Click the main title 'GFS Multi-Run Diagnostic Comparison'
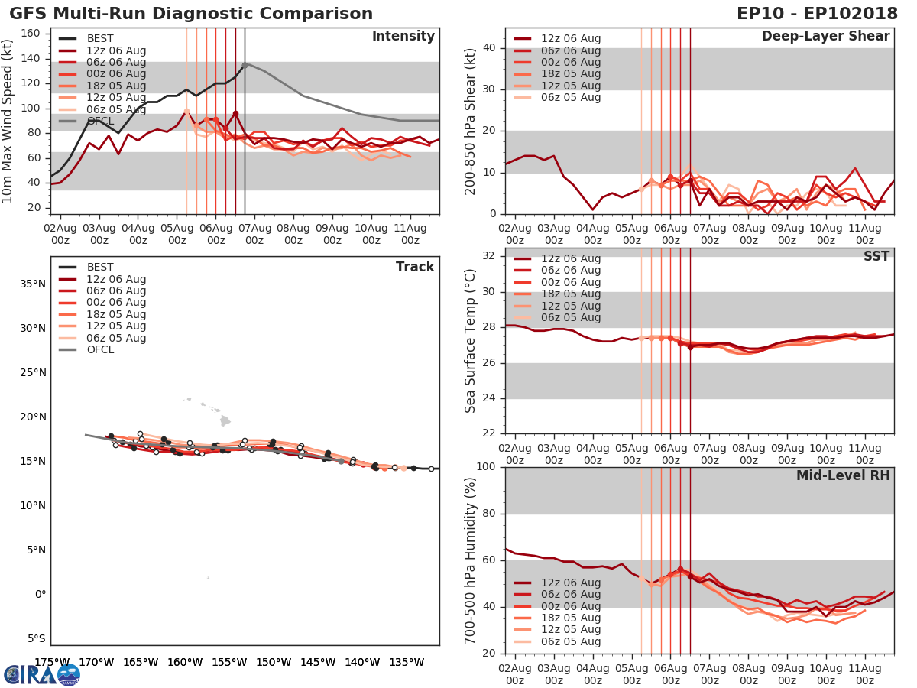pyautogui.click(x=191, y=14)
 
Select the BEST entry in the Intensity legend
pyautogui.click(x=100, y=39)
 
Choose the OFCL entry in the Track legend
pyautogui.click(x=100, y=349)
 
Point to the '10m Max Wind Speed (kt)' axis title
pyautogui.click(x=8, y=120)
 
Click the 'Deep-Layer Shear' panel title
pyautogui.click(x=825, y=37)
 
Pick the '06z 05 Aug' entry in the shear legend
pyautogui.click(x=571, y=97)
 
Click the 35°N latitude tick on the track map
pyautogui.click(x=33, y=284)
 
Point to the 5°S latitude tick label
pyautogui.click(x=35, y=638)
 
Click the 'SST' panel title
pyautogui.click(x=876, y=256)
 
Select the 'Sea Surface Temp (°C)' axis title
pyautogui.click(x=471, y=339)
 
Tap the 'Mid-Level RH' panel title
pyautogui.click(x=842, y=475)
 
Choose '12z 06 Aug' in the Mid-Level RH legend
pyautogui.click(x=571, y=583)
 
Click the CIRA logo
pyautogui.click(x=42, y=674)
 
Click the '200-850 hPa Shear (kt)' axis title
pyautogui.click(x=471, y=120)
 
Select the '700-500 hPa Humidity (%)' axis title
pyautogui.click(x=471, y=560)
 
